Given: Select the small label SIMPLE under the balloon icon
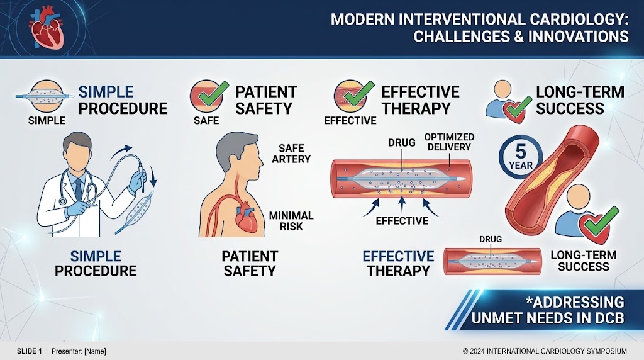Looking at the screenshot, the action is [47, 120].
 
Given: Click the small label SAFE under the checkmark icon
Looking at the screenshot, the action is [206, 120].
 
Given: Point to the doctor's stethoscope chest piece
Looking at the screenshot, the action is [62, 201].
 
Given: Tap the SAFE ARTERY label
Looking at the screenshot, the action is [291, 154].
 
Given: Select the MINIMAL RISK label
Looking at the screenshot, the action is [291, 221].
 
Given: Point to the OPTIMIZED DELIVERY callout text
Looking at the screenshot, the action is [449, 142].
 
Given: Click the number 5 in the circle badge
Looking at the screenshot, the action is [521, 152].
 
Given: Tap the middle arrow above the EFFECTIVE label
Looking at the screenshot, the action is [402, 204].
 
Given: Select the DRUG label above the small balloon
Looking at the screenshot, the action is [491, 239].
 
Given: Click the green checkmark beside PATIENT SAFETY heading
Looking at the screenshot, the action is [213, 94].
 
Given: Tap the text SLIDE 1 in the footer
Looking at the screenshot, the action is [29, 351].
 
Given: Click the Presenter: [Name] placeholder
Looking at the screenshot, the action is [79, 351].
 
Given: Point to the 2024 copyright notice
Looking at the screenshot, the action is [545, 351].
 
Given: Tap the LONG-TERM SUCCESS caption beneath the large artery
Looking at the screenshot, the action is [583, 261].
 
